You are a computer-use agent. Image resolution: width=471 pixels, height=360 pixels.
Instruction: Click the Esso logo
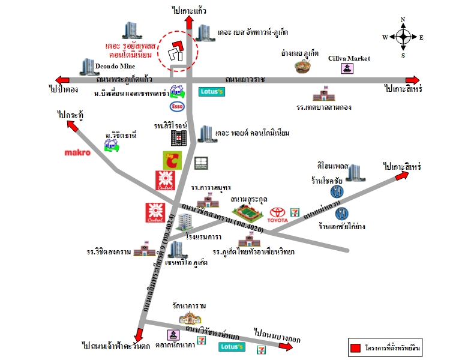(178, 107)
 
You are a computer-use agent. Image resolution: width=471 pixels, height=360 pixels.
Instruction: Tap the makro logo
(77, 152)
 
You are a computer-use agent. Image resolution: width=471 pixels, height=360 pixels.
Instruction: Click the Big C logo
(172, 160)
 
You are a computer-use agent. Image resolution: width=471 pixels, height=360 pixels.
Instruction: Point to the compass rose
(403, 37)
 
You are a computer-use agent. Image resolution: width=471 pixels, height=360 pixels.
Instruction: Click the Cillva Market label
(349, 58)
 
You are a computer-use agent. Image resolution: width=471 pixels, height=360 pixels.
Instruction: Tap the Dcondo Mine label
(115, 65)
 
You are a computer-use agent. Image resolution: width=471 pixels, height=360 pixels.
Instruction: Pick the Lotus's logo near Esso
(211, 92)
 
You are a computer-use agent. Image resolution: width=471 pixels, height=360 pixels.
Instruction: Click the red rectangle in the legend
(355, 347)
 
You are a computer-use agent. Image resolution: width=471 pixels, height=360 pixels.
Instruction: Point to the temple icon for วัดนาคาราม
(191, 317)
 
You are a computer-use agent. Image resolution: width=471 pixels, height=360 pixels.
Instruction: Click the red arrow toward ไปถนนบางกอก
(262, 348)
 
